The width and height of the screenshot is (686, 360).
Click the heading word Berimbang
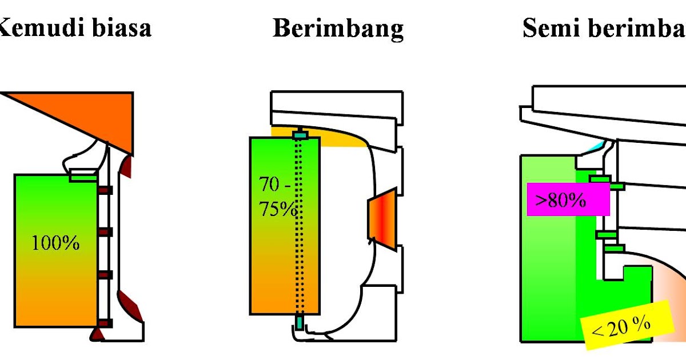pos(338,29)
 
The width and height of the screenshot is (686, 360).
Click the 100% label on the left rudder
pos(55,243)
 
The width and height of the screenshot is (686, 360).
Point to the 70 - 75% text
pos(277,197)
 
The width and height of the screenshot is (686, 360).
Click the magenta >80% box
pos(568,199)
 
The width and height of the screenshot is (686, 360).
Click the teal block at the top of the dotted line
pos(300,135)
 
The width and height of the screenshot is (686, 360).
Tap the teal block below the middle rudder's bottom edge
pos(300,323)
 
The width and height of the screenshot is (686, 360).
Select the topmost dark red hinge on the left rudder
pos(105,190)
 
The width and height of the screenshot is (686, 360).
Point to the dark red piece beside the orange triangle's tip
pos(127,166)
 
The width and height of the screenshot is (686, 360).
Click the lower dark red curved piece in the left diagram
pos(129,302)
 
